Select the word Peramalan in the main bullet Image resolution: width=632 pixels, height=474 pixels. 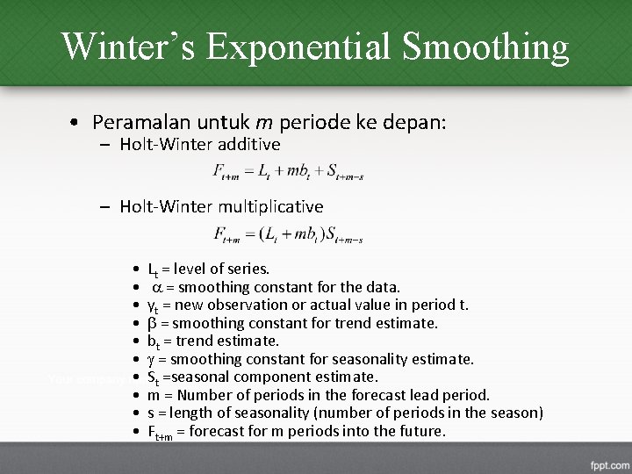[139, 122]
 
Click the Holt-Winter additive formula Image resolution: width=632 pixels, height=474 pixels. [288, 172]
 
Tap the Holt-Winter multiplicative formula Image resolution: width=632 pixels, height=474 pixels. [288, 234]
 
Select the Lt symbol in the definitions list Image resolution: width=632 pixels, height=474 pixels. [153, 269]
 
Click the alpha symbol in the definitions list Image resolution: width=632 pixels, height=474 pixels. [158, 287]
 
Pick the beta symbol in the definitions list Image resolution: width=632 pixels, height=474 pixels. [151, 323]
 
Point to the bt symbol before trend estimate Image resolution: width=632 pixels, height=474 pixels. [153, 341]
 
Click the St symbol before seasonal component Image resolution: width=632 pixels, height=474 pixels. [153, 377]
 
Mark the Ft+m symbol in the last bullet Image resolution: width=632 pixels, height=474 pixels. [159, 432]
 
